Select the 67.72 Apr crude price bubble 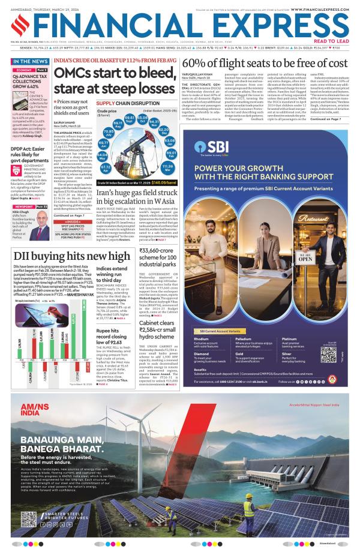[106, 168]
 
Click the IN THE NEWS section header [31, 62]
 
